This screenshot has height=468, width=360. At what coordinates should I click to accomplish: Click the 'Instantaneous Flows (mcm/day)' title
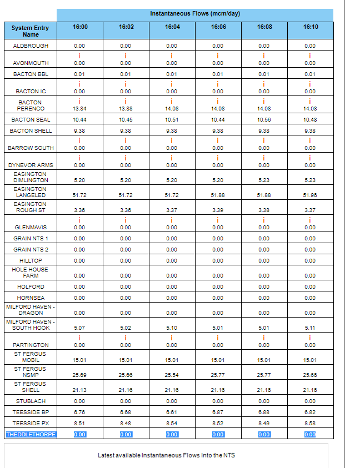(194, 13)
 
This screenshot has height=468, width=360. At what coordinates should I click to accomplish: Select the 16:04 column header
(172, 27)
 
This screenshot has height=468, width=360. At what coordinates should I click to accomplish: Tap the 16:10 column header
(310, 27)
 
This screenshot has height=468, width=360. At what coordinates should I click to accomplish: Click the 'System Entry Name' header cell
(30, 31)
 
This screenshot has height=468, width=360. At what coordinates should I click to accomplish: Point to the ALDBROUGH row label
(31, 46)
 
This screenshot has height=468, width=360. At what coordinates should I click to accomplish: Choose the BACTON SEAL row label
(31, 120)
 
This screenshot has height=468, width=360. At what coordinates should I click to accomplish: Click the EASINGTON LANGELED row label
(31, 192)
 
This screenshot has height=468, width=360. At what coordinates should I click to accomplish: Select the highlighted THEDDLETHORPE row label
(31, 434)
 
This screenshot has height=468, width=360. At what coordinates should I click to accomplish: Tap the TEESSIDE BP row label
(31, 412)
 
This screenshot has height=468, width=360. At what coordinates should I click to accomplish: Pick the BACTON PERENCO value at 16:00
(79, 109)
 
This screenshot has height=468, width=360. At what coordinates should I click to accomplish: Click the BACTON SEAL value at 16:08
(264, 120)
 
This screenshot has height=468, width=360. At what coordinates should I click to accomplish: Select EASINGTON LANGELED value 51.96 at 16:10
(310, 195)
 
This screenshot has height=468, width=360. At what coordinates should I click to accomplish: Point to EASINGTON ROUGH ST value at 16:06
(218, 210)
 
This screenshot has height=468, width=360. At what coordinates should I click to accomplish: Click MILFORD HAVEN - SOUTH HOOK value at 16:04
(172, 328)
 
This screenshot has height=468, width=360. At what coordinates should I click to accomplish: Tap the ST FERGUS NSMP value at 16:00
(79, 375)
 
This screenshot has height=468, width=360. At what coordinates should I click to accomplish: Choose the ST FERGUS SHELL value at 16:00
(79, 390)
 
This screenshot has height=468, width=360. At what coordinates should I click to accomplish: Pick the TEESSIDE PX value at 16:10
(310, 424)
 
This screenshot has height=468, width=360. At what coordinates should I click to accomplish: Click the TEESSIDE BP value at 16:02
(126, 412)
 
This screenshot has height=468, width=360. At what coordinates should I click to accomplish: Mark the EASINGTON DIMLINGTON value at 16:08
(264, 180)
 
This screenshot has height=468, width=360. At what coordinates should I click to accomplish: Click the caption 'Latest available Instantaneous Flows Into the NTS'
(166, 455)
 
